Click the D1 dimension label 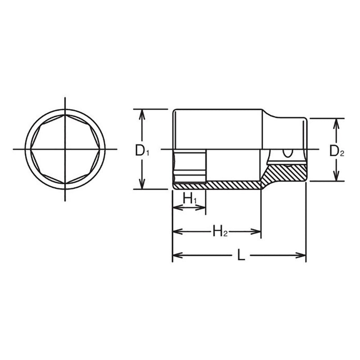142,151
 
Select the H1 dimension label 189,198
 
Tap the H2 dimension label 220,232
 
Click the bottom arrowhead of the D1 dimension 142,185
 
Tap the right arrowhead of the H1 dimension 202,208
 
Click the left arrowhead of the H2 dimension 176,232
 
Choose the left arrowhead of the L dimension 176,256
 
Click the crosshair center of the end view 65,149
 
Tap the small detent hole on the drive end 287,153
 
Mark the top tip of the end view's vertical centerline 65,97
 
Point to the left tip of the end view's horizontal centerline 13,149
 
